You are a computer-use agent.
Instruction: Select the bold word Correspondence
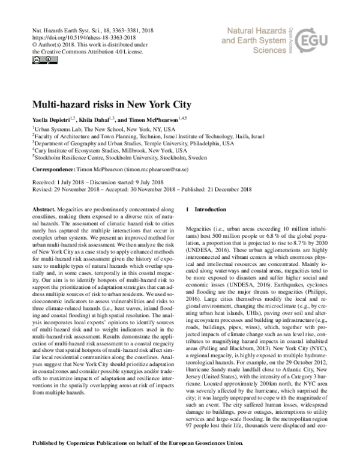[x=51, y=171]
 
